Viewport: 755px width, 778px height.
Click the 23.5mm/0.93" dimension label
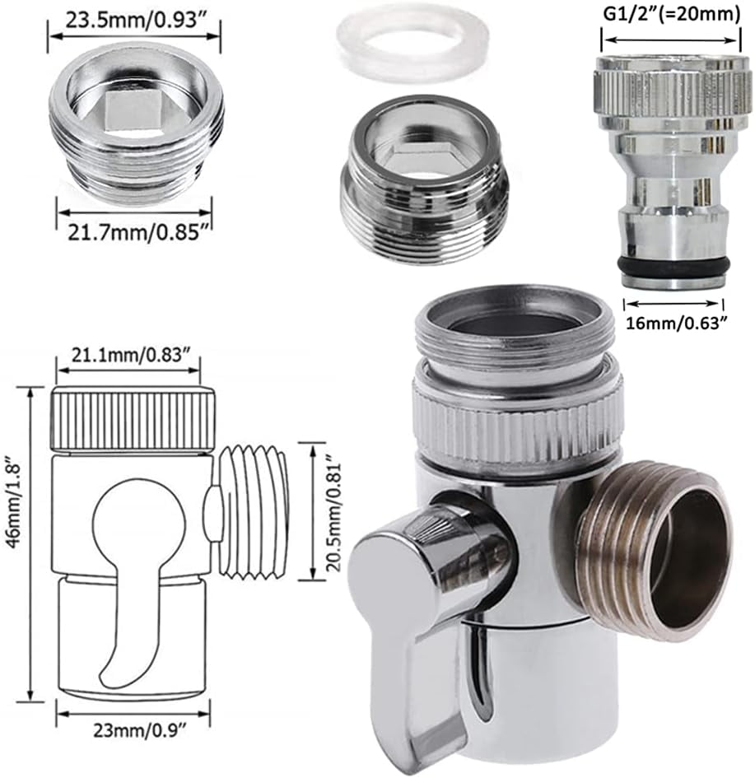133,17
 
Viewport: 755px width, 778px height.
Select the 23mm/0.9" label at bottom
133,729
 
